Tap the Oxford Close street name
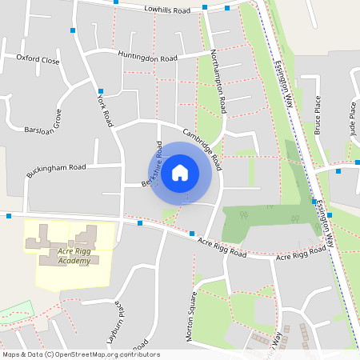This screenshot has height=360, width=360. click(38, 60)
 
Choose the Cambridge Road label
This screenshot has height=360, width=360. click(202, 144)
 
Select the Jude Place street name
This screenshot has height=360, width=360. click(352, 115)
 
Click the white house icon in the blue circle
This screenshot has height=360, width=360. click(180, 172)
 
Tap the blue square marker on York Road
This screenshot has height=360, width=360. click(101, 91)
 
